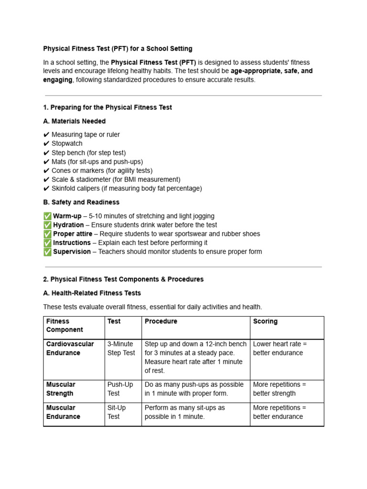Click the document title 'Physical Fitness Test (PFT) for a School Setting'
(x=118, y=49)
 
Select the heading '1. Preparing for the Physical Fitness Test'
(x=108, y=107)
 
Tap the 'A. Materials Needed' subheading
(x=74, y=121)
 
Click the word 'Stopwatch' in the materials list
(x=67, y=144)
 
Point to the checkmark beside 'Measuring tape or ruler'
(x=46, y=135)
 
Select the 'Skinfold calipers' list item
(x=127, y=189)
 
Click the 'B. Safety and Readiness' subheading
(x=81, y=202)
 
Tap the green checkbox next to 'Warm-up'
(x=47, y=216)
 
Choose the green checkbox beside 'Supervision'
(x=47, y=252)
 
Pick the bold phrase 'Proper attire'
(x=73, y=234)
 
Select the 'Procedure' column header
(x=161, y=321)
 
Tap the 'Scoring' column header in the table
(x=265, y=321)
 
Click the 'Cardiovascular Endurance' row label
(x=70, y=349)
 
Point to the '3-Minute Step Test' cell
(x=121, y=349)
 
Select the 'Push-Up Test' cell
(x=120, y=389)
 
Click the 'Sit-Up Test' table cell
(x=118, y=412)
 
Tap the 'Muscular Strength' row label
(x=61, y=389)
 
